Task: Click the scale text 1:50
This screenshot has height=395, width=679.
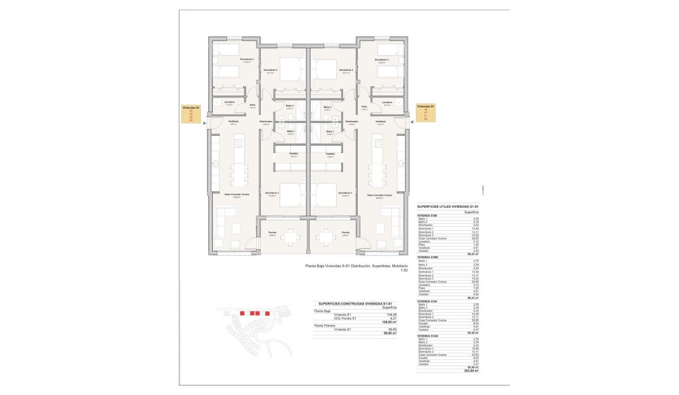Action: (403, 271)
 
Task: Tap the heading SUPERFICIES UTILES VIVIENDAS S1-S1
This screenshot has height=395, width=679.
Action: (448, 207)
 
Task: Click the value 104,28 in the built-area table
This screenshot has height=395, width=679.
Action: (392, 314)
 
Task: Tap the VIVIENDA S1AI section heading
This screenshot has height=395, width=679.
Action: (427, 301)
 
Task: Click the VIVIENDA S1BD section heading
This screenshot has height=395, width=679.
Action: (427, 257)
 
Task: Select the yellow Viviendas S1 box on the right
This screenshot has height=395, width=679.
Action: (426, 113)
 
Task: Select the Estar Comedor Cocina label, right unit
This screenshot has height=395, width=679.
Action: (379, 195)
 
